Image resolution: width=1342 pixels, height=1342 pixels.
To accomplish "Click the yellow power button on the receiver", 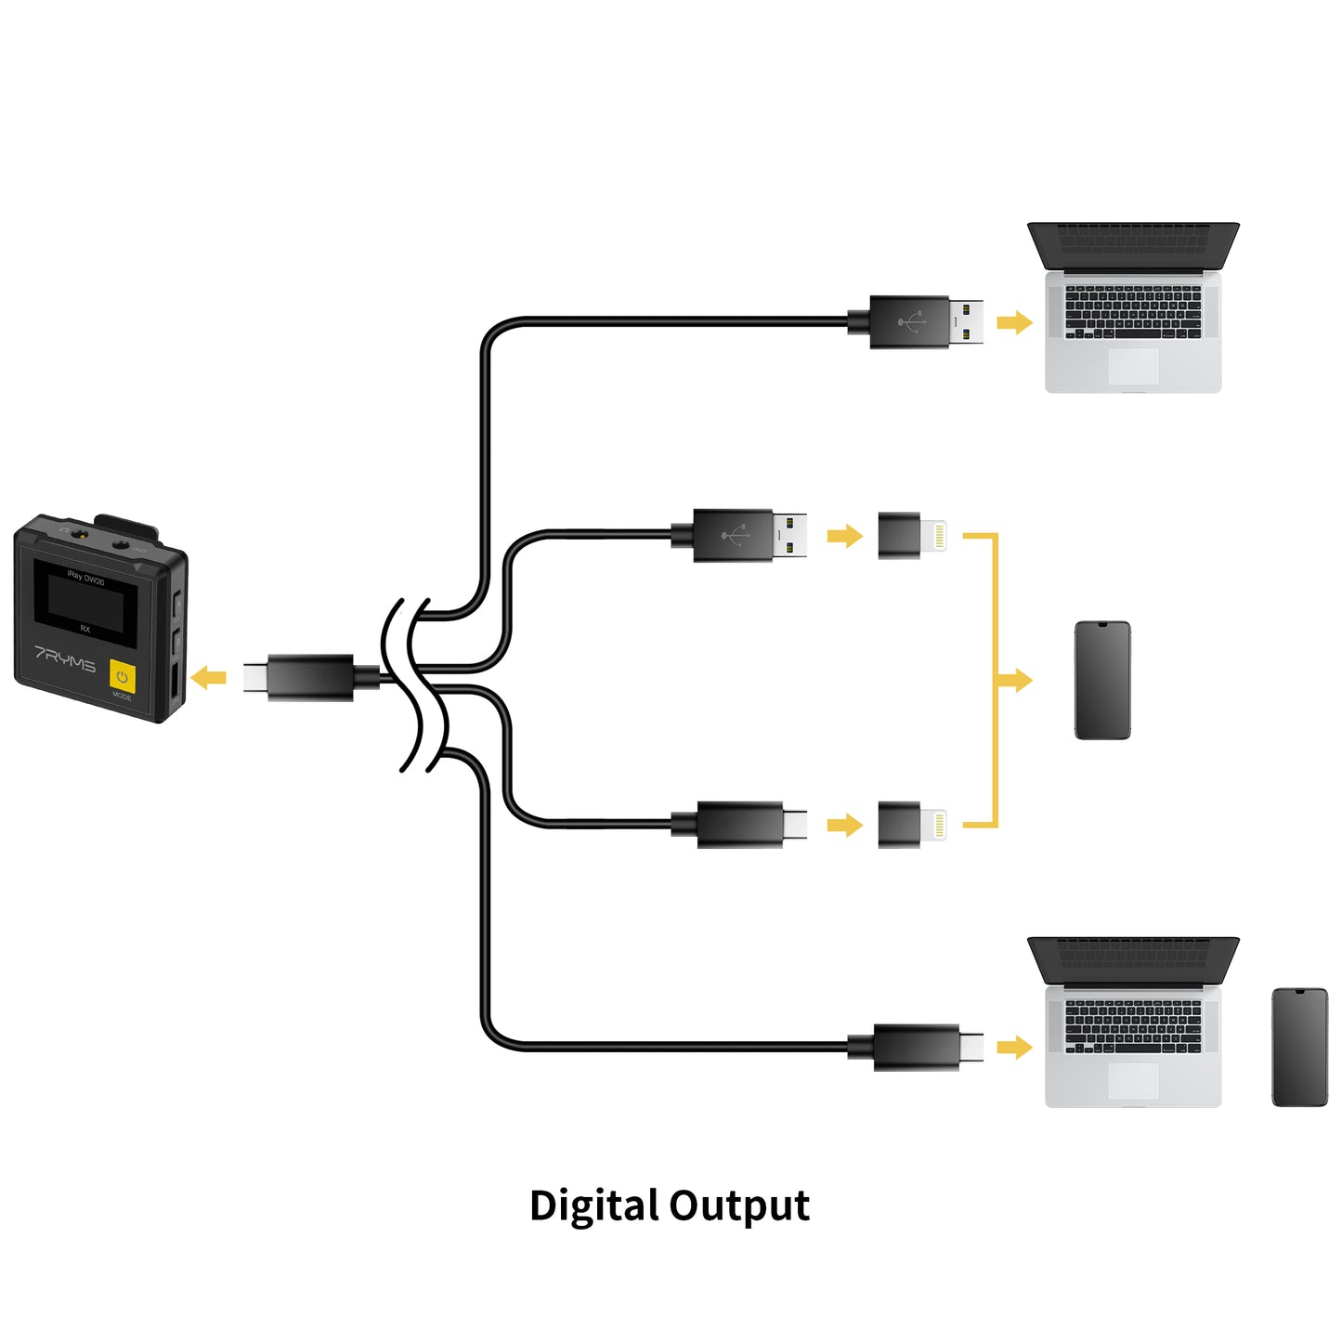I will (x=122, y=676).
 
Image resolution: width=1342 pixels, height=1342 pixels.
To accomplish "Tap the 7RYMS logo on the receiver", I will (x=65, y=658).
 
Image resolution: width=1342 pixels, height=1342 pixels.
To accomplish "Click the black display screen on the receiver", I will (x=85, y=602).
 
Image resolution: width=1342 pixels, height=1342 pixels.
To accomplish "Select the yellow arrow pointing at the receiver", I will (x=209, y=678).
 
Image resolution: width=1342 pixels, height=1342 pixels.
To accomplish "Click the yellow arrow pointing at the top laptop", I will (x=1014, y=322).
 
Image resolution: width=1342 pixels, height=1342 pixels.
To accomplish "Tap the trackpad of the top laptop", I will (x=1133, y=366).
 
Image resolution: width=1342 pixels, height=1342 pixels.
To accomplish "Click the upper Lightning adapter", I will (x=910, y=536).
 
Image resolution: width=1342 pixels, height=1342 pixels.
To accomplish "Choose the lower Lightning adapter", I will (x=910, y=825).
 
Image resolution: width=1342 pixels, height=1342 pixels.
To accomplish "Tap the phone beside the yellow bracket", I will (x=1102, y=681).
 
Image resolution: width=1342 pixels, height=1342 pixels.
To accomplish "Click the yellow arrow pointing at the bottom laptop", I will (x=1014, y=1048).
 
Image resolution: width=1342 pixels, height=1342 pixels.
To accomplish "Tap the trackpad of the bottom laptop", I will (x=1133, y=1081).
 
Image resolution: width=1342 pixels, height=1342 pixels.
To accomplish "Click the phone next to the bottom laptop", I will (x=1299, y=1048).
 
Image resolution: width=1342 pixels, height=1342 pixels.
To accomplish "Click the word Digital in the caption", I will (x=593, y=1206).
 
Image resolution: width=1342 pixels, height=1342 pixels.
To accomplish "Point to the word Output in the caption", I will (x=739, y=1206).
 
